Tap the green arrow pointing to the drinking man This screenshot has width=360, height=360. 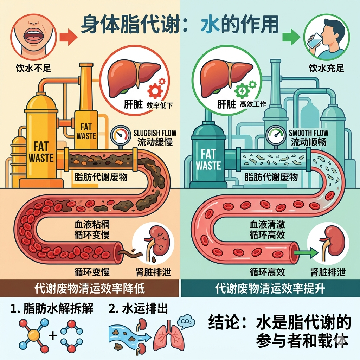pos(291,37)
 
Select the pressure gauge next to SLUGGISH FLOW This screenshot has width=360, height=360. pos(121,135)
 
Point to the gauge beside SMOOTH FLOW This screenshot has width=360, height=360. pos(276,135)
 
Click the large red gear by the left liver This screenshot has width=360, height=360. pos(155,91)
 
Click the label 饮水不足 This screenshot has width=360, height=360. pos(33,68)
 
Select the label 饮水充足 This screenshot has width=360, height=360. pos(327,68)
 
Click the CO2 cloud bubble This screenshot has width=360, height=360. pos(186,322)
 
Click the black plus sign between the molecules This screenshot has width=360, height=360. pos(53,335)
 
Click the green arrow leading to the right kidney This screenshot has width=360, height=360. pos(306,253)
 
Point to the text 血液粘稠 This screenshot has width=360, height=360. pos(92,224)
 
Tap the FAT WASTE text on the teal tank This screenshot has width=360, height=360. pos(208,160)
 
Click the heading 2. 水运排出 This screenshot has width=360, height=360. pos(138,308)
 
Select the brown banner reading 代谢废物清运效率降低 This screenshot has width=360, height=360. pos(89,288)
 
